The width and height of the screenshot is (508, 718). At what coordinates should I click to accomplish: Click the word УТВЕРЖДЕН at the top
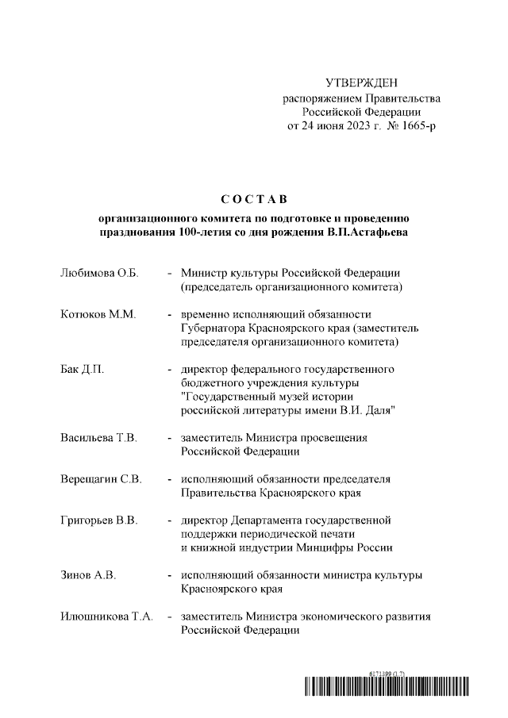tap(362, 83)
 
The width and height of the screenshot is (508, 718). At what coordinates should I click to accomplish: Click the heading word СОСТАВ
tap(253, 197)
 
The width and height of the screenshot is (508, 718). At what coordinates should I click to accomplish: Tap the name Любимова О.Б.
tap(99, 273)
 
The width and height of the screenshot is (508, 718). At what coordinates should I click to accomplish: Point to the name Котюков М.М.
tap(98, 314)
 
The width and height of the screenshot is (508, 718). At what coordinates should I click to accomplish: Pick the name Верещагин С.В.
tap(101, 479)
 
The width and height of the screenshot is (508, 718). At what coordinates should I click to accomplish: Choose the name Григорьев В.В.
tap(99, 520)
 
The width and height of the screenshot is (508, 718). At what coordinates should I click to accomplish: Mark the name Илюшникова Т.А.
tap(106, 617)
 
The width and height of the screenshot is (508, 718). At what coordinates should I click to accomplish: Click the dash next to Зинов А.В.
tap(170, 575)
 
